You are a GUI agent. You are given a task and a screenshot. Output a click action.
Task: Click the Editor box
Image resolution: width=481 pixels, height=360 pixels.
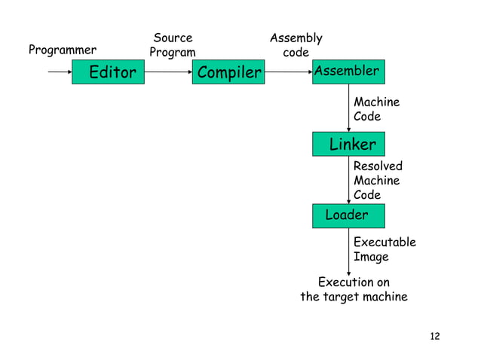[x=108, y=72]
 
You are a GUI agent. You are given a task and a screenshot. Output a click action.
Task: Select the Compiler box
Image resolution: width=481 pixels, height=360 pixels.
[x=228, y=72]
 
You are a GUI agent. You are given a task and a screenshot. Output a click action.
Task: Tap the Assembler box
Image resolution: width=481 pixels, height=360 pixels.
[x=348, y=72]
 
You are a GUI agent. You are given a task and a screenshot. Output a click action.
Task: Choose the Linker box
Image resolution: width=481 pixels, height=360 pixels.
[x=348, y=144]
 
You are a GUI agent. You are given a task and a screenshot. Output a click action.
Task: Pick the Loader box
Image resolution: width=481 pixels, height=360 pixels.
[x=348, y=215]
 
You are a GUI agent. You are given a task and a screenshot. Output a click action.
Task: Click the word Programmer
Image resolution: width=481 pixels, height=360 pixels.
[x=63, y=50]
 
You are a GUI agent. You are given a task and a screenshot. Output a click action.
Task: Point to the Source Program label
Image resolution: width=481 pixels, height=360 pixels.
[x=173, y=45]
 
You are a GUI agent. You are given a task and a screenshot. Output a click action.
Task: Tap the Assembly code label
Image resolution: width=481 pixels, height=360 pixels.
[x=296, y=45]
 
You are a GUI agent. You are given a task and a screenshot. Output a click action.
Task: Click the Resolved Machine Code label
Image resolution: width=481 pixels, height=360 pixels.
[x=378, y=181]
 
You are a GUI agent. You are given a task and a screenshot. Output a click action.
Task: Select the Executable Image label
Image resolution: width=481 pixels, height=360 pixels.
[x=384, y=249]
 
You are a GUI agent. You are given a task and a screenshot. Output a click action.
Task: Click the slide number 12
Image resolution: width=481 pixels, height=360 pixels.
[x=434, y=336]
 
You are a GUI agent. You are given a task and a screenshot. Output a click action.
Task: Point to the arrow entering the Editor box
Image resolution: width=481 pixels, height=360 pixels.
[x=60, y=72]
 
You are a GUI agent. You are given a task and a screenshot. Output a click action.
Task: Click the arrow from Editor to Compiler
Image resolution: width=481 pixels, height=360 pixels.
[x=168, y=72]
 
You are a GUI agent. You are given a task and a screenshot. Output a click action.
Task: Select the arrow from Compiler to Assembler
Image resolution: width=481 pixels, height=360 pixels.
[x=288, y=72]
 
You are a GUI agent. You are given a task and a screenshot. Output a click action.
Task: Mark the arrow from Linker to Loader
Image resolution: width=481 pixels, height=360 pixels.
[x=349, y=179]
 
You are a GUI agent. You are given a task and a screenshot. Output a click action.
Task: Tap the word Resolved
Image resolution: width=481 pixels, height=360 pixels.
[x=378, y=166]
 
